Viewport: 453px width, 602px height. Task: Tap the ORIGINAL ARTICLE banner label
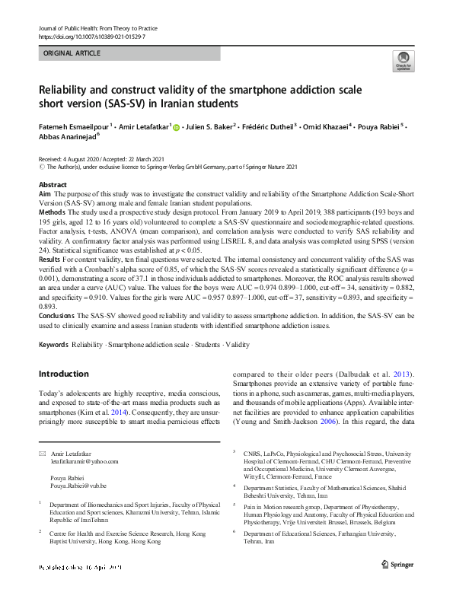click(x=72, y=54)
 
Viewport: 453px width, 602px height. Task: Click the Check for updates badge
click(x=403, y=62)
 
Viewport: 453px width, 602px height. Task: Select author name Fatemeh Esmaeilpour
click(x=74, y=126)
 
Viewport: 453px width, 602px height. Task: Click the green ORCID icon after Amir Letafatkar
click(x=177, y=127)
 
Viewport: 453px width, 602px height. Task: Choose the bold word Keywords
click(x=53, y=345)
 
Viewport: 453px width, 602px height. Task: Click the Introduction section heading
click(x=63, y=374)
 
